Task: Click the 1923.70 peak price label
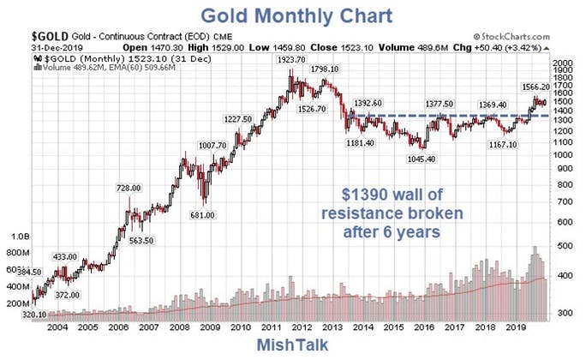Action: pyautogui.click(x=291, y=60)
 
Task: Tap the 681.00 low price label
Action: pyautogui.click(x=202, y=215)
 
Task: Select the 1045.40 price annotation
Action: pyautogui.click(x=422, y=159)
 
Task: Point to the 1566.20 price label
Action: pyautogui.click(x=536, y=87)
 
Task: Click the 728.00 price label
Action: pyautogui.click(x=129, y=188)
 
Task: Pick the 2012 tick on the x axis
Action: pyautogui.click(x=302, y=327)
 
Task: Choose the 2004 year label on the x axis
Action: pyautogui.click(x=57, y=327)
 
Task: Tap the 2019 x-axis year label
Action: pyautogui.click(x=516, y=327)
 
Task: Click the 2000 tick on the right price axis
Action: pyautogui.click(x=563, y=63)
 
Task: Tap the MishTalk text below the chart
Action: pyautogui.click(x=293, y=345)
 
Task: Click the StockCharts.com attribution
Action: pyautogui.click(x=511, y=37)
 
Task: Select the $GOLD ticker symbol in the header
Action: pyautogui.click(x=50, y=36)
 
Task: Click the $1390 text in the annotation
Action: pyautogui.click(x=362, y=195)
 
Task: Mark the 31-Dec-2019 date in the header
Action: pyautogui.click(x=57, y=48)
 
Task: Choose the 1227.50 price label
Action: pyautogui.click(x=237, y=119)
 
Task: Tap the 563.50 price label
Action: pyautogui.click(x=141, y=241)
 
